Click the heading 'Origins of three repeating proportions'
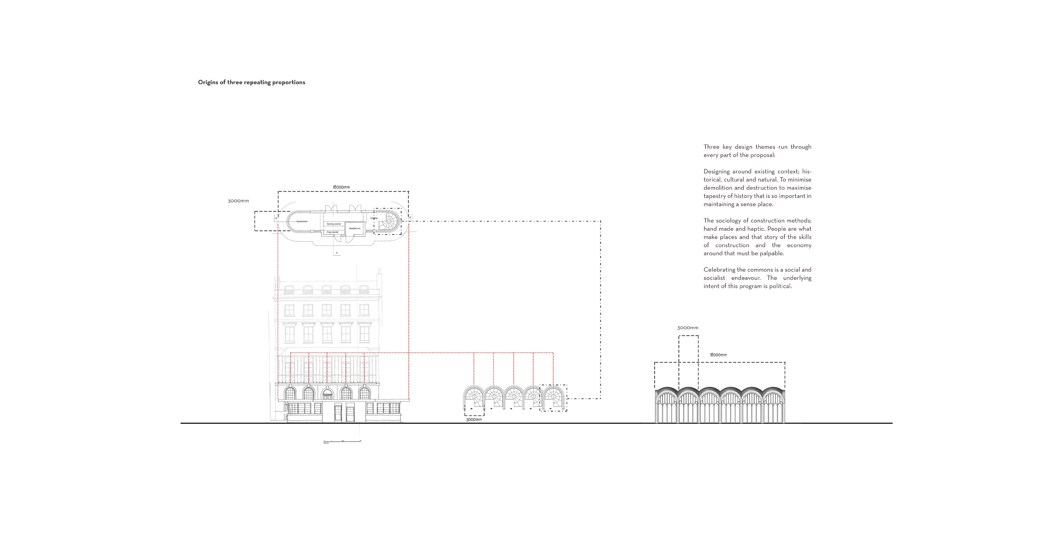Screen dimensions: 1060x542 (x=251, y=82)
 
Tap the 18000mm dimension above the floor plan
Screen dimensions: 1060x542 (x=341, y=187)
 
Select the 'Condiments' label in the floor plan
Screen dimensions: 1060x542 (x=302, y=221)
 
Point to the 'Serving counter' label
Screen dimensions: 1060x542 (x=334, y=224)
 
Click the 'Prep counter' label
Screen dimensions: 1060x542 (x=332, y=232)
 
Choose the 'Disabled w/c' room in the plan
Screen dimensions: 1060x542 (x=354, y=228)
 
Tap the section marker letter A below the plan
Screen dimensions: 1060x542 (x=337, y=252)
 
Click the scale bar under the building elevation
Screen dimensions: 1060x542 (x=342, y=441)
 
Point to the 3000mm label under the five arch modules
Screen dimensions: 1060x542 (x=474, y=420)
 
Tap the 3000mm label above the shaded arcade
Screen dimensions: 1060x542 (x=688, y=328)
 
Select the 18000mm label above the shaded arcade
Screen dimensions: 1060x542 (x=718, y=355)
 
